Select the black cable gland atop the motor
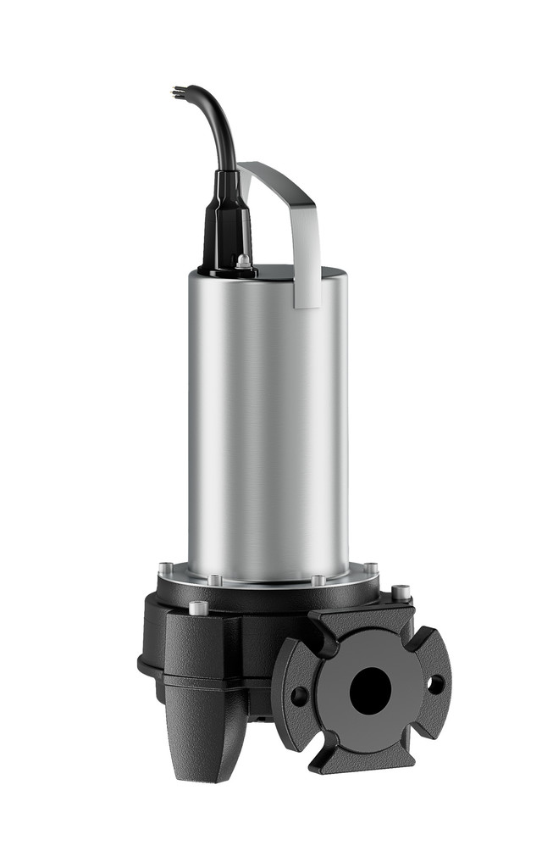226,220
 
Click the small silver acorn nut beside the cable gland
244,263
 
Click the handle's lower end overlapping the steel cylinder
307,288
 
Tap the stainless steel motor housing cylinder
267,424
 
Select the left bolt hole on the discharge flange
300,695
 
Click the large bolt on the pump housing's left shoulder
198,607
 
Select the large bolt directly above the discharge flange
401,591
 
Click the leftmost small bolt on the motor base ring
166,568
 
